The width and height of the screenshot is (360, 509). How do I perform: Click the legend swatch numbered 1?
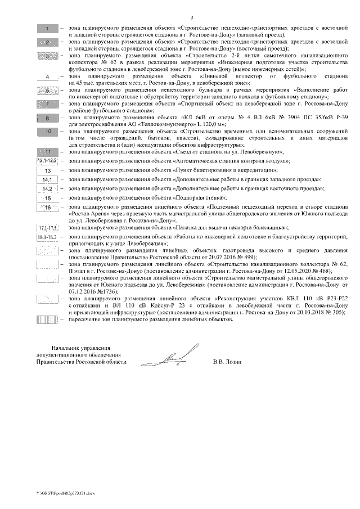pyautogui.click(x=48, y=28)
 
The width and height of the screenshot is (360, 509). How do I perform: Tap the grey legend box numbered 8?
pyautogui.click(x=48, y=118)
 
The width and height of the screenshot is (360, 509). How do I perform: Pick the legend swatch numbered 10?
pyautogui.click(x=48, y=131)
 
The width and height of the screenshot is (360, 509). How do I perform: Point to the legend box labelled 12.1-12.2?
pyautogui.click(x=48, y=161)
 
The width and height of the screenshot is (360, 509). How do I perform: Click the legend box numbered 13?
pyautogui.click(x=48, y=170)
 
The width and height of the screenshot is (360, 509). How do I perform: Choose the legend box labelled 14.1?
pyautogui.click(x=48, y=179)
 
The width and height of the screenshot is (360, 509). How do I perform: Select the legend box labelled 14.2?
pyautogui.click(x=48, y=189)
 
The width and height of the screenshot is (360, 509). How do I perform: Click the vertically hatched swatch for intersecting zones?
pyautogui.click(x=48, y=319)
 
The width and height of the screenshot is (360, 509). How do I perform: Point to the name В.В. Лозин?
pyautogui.click(x=227, y=362)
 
